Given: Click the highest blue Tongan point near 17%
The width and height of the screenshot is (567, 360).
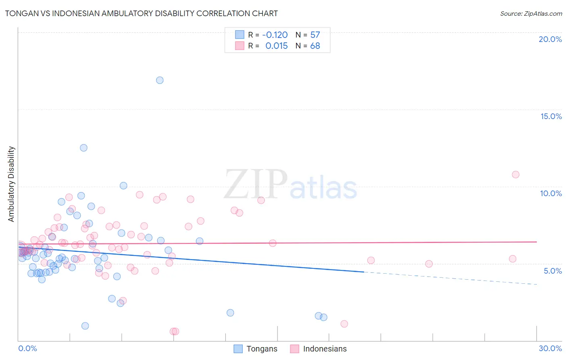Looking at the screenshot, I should (160, 80).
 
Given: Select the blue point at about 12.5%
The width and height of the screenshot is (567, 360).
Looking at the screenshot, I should (83, 148).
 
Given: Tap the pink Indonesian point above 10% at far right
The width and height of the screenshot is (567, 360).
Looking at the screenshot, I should (515, 175).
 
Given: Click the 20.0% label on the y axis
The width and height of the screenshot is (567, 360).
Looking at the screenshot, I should (550, 39).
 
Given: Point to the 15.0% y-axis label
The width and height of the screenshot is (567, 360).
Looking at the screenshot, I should (551, 116).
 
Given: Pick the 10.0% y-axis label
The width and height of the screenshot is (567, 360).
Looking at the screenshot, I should (551, 193).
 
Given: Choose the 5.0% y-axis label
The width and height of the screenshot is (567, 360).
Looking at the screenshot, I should (552, 271).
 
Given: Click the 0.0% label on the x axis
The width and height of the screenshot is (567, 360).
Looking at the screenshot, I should (27, 348).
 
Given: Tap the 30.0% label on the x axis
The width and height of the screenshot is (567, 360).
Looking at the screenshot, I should (550, 348).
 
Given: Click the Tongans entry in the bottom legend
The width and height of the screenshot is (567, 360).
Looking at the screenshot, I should (262, 349).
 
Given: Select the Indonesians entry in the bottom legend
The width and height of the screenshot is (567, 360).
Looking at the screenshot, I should (325, 349).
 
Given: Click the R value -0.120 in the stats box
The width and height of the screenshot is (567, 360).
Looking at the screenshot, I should (275, 35).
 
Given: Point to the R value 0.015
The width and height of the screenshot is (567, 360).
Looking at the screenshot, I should (277, 46).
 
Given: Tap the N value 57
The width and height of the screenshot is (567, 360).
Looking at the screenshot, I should (315, 35).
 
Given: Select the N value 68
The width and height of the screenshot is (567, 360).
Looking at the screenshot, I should (315, 46).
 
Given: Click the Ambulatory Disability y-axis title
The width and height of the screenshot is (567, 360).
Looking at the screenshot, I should (11, 184).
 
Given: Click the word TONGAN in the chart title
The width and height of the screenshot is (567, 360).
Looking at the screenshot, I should (20, 13).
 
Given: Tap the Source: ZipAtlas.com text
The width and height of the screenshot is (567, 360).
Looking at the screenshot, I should (531, 14).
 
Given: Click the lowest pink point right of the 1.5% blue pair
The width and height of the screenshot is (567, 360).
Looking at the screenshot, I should (344, 324).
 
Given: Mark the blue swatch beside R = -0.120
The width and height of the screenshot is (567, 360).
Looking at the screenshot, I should (240, 35).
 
